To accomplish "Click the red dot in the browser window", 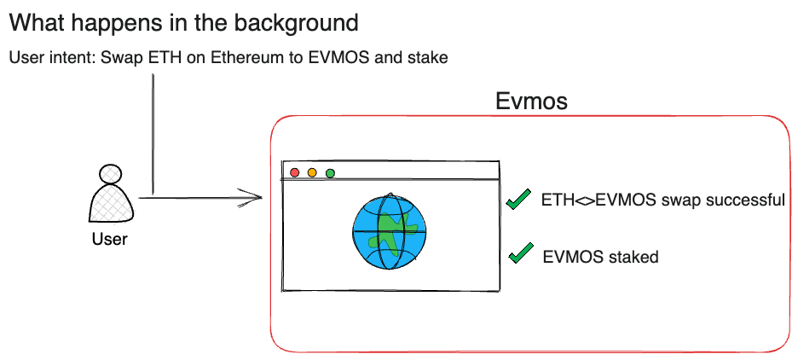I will tap(295, 172).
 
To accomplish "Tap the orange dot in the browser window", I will tap(312, 172).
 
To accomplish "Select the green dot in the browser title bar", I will tap(330, 172).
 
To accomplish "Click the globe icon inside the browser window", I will tap(389, 232).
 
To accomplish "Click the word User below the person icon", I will tap(109, 239).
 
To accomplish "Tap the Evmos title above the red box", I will tap(531, 102).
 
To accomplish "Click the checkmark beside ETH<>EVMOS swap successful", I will tap(518, 200).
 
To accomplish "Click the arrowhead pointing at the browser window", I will tap(252, 199).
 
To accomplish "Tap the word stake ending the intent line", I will tap(428, 58).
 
